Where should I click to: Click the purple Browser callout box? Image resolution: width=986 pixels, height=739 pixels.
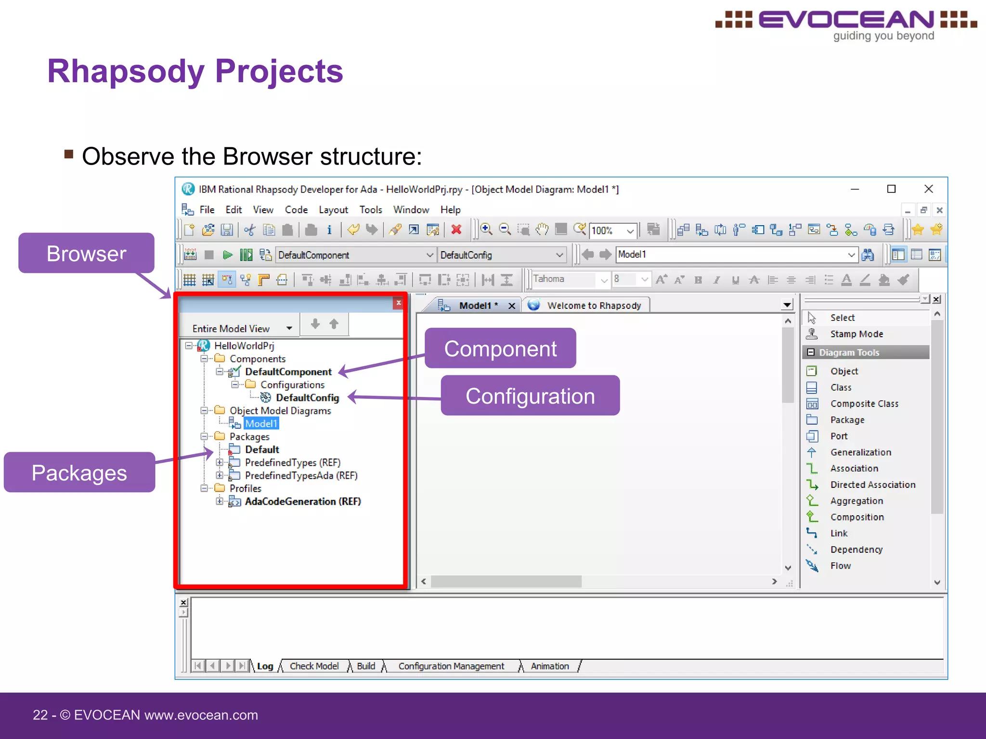(86, 254)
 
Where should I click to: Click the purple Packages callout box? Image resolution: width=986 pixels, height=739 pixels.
(79, 472)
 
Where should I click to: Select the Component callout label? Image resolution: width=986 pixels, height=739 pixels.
(500, 348)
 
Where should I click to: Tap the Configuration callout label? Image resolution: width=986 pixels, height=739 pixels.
(530, 396)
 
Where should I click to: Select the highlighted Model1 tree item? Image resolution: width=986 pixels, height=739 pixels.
(261, 423)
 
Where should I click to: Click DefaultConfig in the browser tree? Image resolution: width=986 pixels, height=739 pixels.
(307, 398)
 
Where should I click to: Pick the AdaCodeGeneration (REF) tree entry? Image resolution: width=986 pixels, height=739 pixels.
(302, 501)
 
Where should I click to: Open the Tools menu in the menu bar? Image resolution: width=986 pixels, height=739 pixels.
(370, 210)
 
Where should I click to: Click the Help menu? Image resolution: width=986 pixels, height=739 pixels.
(450, 210)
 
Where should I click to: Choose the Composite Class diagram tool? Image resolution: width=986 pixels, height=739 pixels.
(864, 404)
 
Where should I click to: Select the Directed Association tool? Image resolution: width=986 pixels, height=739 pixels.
(872, 484)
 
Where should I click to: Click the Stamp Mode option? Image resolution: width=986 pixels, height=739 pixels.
(856, 334)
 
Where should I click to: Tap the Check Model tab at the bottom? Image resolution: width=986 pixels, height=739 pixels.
(314, 666)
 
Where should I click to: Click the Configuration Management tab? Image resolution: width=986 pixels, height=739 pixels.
(451, 666)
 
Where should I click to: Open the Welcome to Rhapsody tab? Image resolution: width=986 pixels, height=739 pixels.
(594, 306)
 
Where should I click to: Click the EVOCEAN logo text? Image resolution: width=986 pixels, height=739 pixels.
(846, 20)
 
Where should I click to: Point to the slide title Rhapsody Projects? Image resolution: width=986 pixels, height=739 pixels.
(195, 71)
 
